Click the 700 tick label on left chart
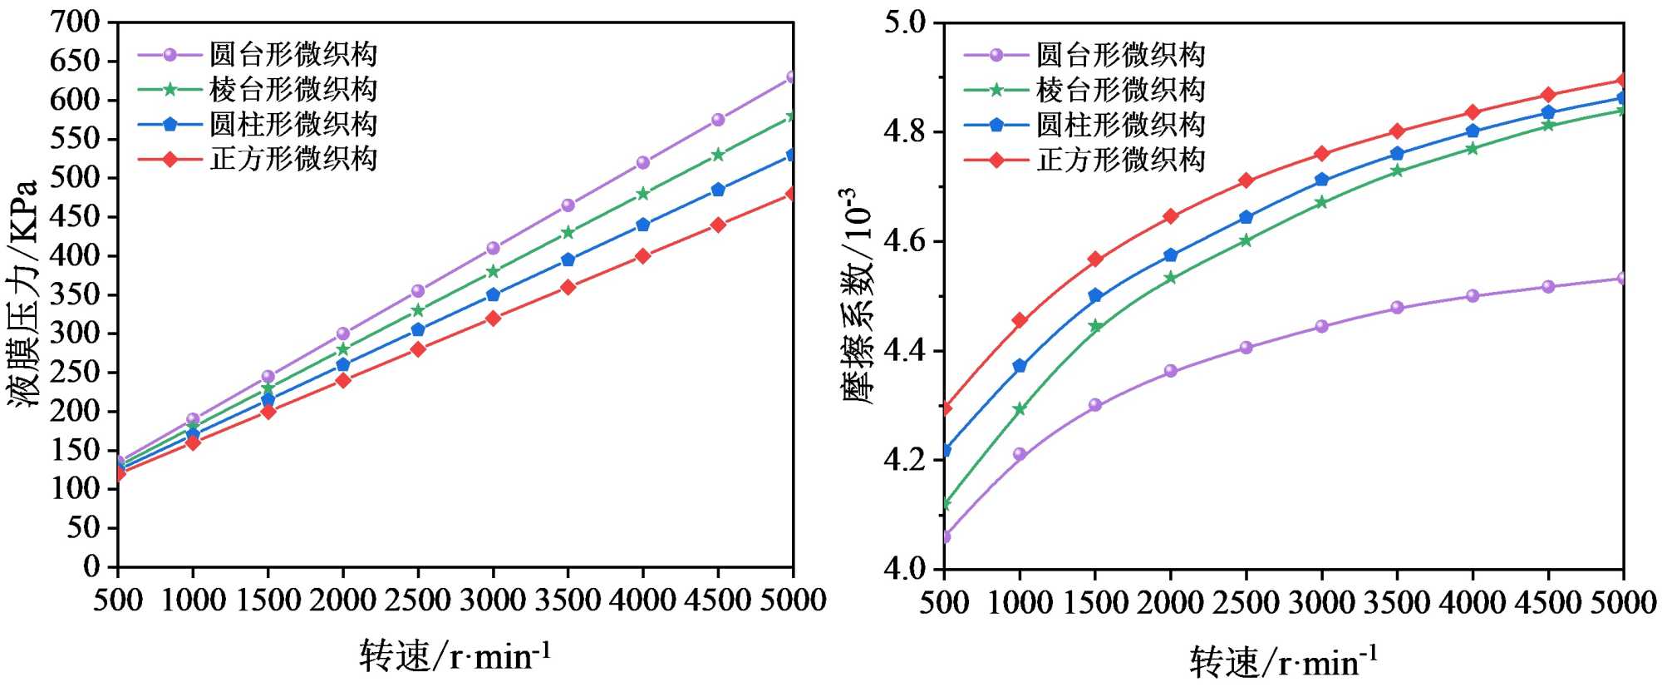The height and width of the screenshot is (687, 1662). (76, 22)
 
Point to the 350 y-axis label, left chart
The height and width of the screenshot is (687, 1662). (76, 294)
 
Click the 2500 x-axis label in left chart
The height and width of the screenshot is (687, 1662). (417, 601)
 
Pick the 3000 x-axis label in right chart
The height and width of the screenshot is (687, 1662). (1321, 602)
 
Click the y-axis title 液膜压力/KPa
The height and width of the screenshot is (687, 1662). (25, 293)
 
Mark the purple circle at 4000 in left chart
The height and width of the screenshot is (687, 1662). (642, 163)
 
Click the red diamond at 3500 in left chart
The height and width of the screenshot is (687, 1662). (568, 287)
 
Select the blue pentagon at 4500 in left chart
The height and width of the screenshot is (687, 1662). (718, 190)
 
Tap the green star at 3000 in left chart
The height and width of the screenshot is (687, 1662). (493, 271)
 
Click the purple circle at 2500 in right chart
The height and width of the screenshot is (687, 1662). (1246, 348)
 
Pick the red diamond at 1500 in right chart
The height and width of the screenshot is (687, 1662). (1095, 259)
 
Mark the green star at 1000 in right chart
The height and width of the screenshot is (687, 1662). (1020, 409)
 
